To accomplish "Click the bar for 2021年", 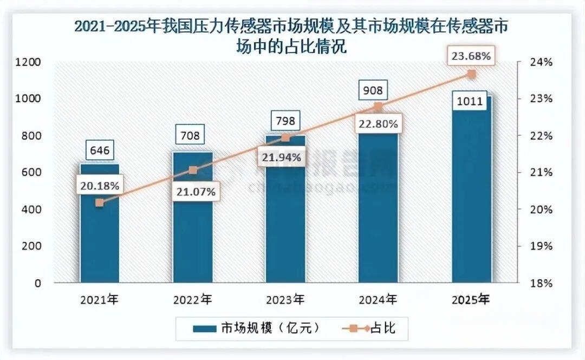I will click(x=100, y=244).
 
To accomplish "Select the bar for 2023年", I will click(x=285, y=227).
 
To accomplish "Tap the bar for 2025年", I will click(x=471, y=206).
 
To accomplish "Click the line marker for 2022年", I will click(x=193, y=170).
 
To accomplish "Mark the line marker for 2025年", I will click(x=471, y=74).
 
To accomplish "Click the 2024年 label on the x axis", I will click(x=378, y=299).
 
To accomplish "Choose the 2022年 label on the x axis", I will click(x=192, y=299).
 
